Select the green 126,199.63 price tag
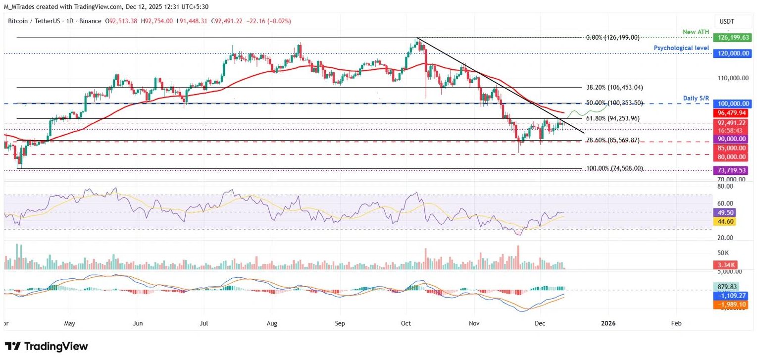[x=732, y=38]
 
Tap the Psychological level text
[x=682, y=48]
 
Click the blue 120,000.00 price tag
[x=732, y=53]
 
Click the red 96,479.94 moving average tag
[x=732, y=113]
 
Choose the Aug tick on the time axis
[x=272, y=323]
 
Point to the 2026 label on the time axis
[x=608, y=323]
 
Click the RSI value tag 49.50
[x=724, y=212]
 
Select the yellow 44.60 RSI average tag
[x=724, y=221]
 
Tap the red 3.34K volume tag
[x=724, y=265]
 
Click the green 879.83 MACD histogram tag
[x=727, y=286]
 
